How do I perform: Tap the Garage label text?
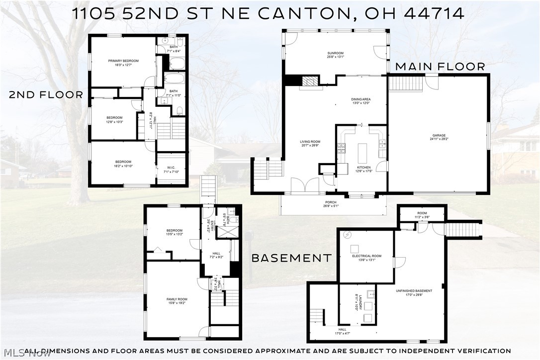click(x=439, y=135)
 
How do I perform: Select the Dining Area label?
click(x=361, y=99)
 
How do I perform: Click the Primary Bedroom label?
click(x=123, y=61)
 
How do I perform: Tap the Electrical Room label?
click(x=366, y=256)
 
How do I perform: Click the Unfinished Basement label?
click(x=414, y=291)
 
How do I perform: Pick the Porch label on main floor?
click(x=331, y=202)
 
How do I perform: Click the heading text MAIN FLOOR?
click(x=440, y=67)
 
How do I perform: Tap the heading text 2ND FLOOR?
click(x=46, y=95)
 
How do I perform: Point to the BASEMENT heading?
click(x=291, y=258)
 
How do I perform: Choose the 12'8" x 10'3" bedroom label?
click(x=114, y=120)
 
